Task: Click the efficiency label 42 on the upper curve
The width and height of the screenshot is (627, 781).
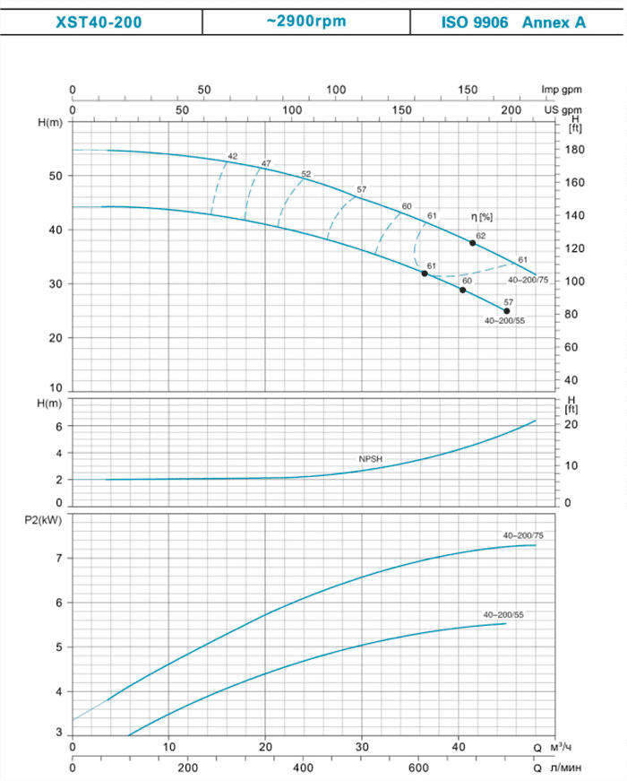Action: (232, 156)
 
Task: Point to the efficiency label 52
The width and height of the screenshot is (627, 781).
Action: (305, 174)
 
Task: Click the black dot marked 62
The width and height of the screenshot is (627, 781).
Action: (473, 243)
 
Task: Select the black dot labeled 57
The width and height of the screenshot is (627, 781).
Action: (506, 310)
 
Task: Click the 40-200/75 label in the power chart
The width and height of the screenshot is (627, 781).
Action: (525, 535)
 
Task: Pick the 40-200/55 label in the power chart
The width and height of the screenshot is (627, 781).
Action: (502, 614)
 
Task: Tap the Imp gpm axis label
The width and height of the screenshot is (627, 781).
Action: (562, 90)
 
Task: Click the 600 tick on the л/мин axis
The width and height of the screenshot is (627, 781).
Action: (419, 768)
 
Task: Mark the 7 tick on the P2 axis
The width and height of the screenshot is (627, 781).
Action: (58, 559)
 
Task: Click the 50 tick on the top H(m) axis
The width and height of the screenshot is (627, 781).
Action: (55, 176)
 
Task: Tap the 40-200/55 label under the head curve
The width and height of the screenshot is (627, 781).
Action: (503, 320)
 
